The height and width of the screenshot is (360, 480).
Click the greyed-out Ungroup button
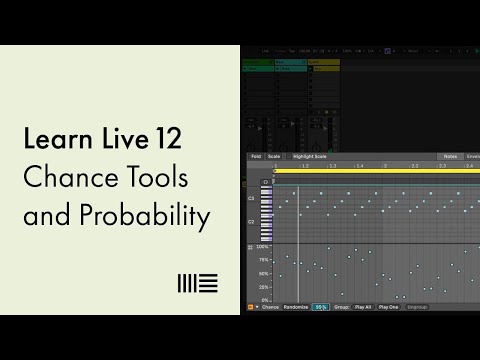pos(417,307)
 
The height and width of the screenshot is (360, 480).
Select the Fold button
pos(257,157)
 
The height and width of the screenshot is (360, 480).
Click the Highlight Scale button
pos(311,157)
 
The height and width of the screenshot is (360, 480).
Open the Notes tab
pos(449,157)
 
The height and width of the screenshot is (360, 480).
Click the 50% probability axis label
pos(264,273)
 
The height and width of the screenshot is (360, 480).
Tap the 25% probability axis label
pos(264,287)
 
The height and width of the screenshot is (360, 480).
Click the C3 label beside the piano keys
pos(251,199)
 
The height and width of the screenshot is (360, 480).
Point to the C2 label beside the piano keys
pos(251,220)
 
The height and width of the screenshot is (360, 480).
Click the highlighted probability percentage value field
pos(320,307)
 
